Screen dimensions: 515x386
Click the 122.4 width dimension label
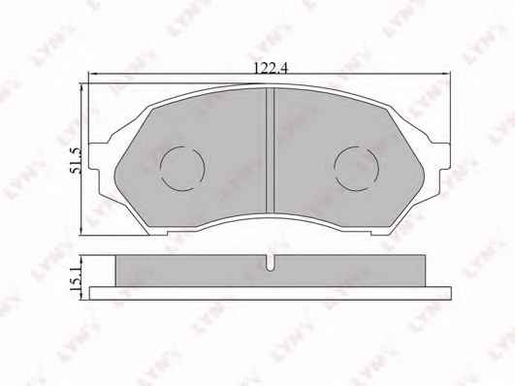pos(271,68)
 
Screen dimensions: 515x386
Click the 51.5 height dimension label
pos(76,161)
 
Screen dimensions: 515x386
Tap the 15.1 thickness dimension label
pos(76,278)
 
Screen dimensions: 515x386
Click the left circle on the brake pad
pos(182,169)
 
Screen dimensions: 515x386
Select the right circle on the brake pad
pos(356,169)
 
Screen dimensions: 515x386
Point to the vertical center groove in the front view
pos(270,150)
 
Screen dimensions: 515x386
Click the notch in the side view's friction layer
pos(270,263)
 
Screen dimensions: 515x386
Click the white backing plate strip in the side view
pos(271,293)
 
